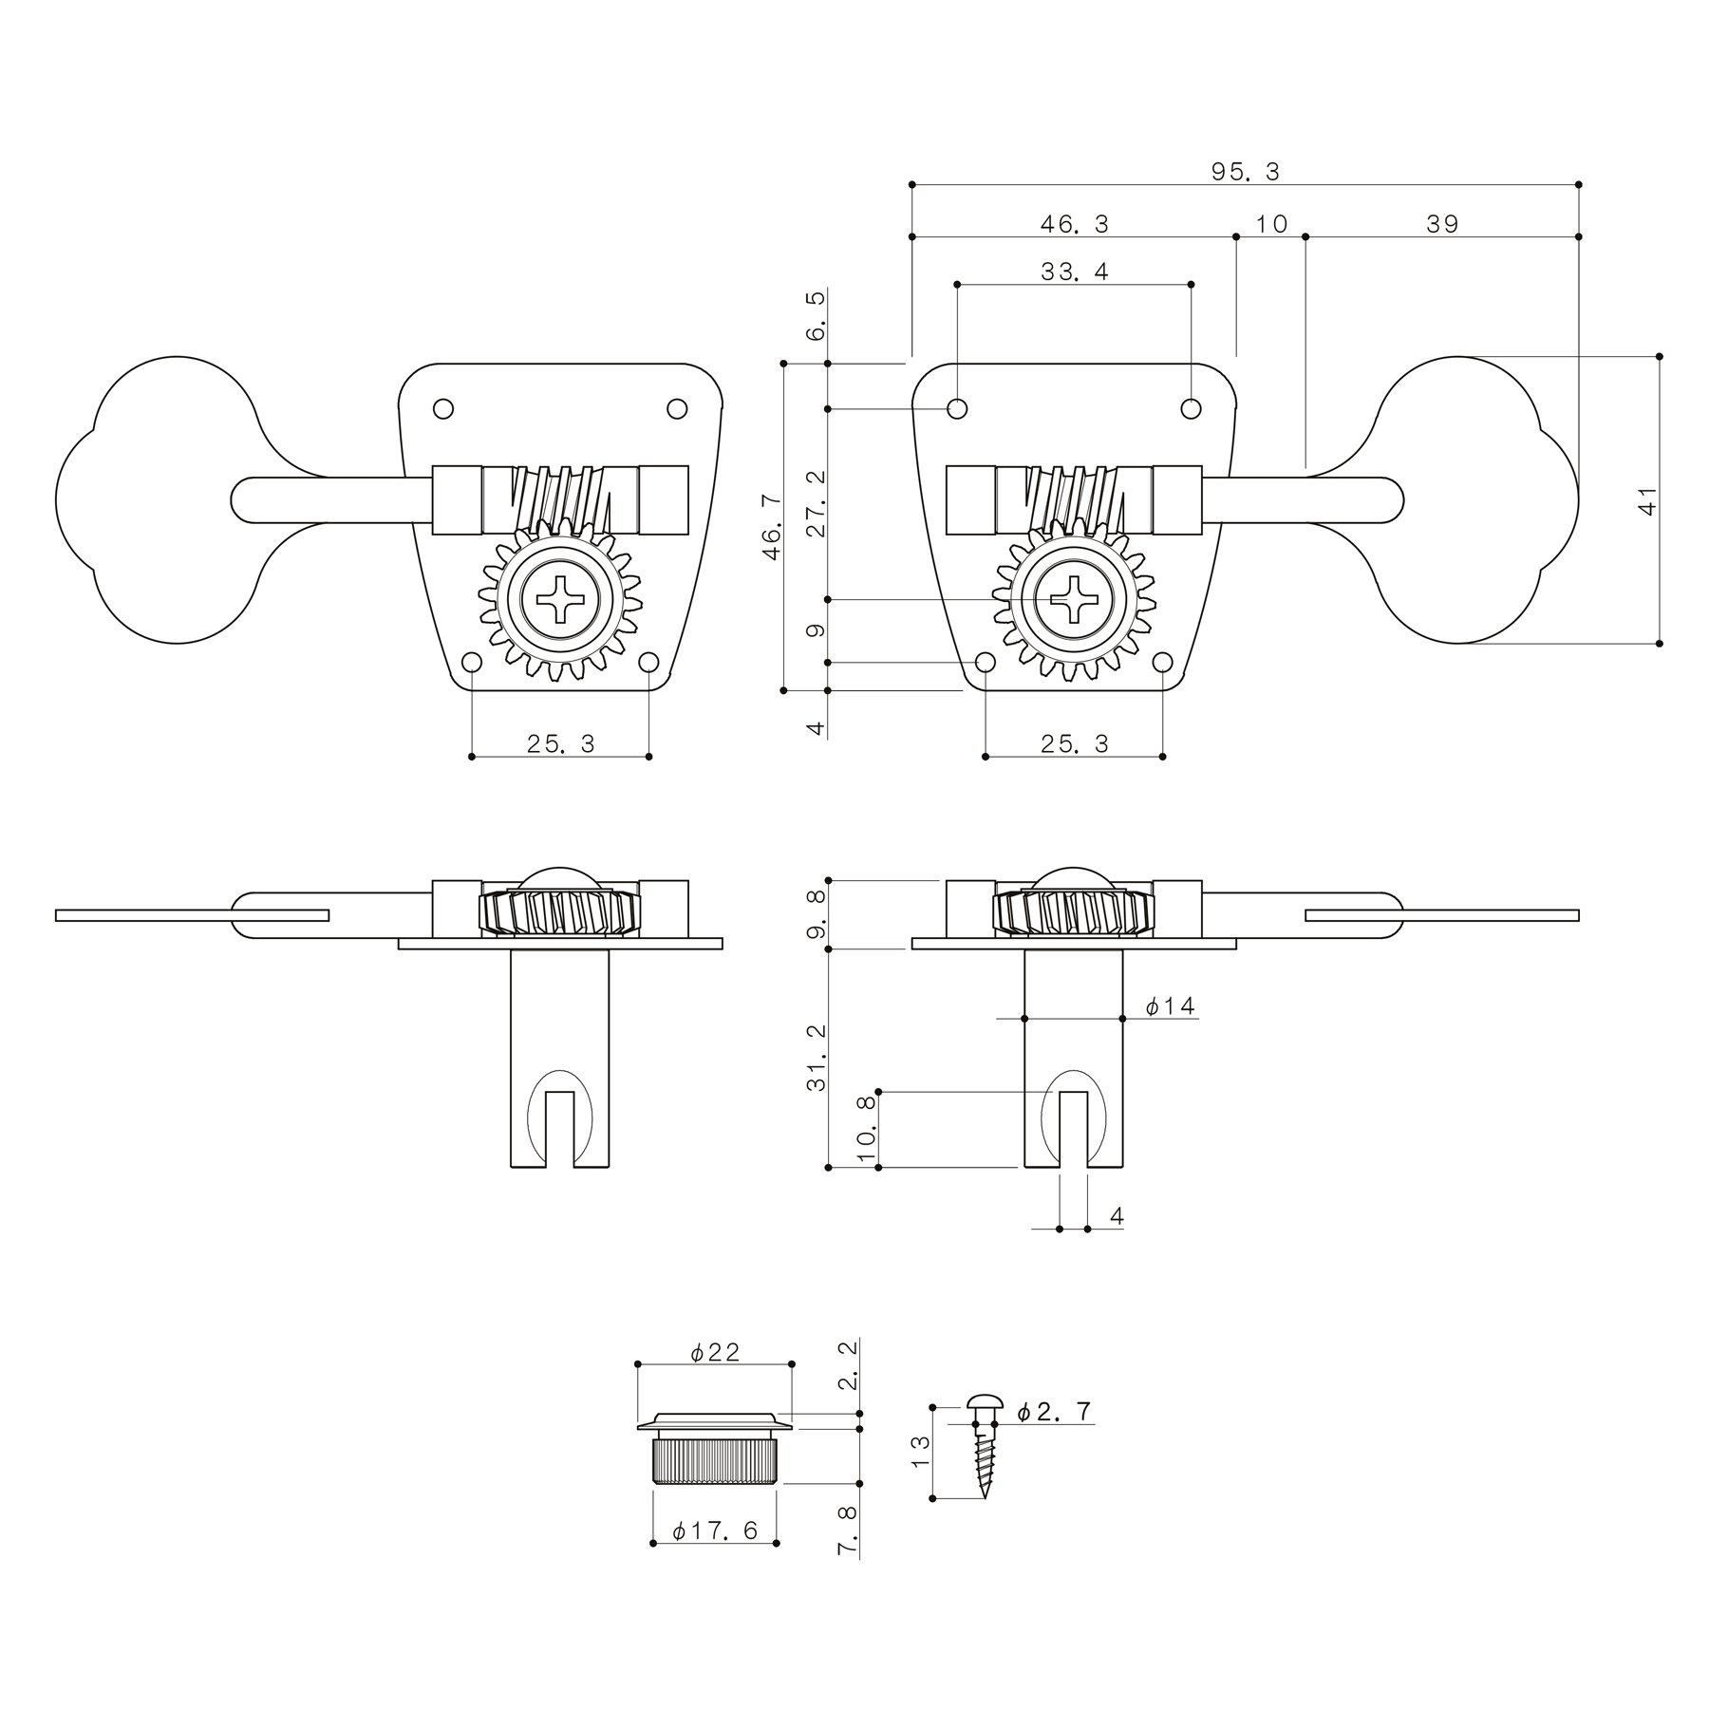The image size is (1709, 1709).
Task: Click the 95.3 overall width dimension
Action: pos(1245,172)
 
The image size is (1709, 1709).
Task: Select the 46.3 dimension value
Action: pos(1074,224)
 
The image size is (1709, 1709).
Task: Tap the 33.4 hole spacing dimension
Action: pos(1074,272)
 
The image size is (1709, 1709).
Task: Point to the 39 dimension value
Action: pos(1442,224)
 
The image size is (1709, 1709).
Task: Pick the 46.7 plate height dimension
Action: pos(772,527)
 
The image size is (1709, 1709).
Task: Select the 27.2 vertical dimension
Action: pos(816,503)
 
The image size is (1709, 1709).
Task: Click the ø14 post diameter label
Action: pos(1170,1006)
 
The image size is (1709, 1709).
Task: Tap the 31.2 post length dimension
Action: pos(816,1058)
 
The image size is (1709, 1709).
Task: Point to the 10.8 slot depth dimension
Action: pos(866,1130)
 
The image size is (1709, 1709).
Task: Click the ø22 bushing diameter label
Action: pos(715,1352)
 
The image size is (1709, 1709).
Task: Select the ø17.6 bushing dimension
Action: pos(715,1531)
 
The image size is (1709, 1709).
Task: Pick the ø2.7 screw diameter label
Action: pos(1054,1412)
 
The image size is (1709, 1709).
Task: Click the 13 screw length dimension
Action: pos(920,1452)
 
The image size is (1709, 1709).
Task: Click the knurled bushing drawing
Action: pos(715,1447)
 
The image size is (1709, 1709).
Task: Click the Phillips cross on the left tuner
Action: pos(560,600)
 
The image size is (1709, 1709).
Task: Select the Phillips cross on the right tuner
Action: pos(1074,600)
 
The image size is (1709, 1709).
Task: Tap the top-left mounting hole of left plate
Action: pos(442,409)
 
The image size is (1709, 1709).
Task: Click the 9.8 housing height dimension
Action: pos(816,914)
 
